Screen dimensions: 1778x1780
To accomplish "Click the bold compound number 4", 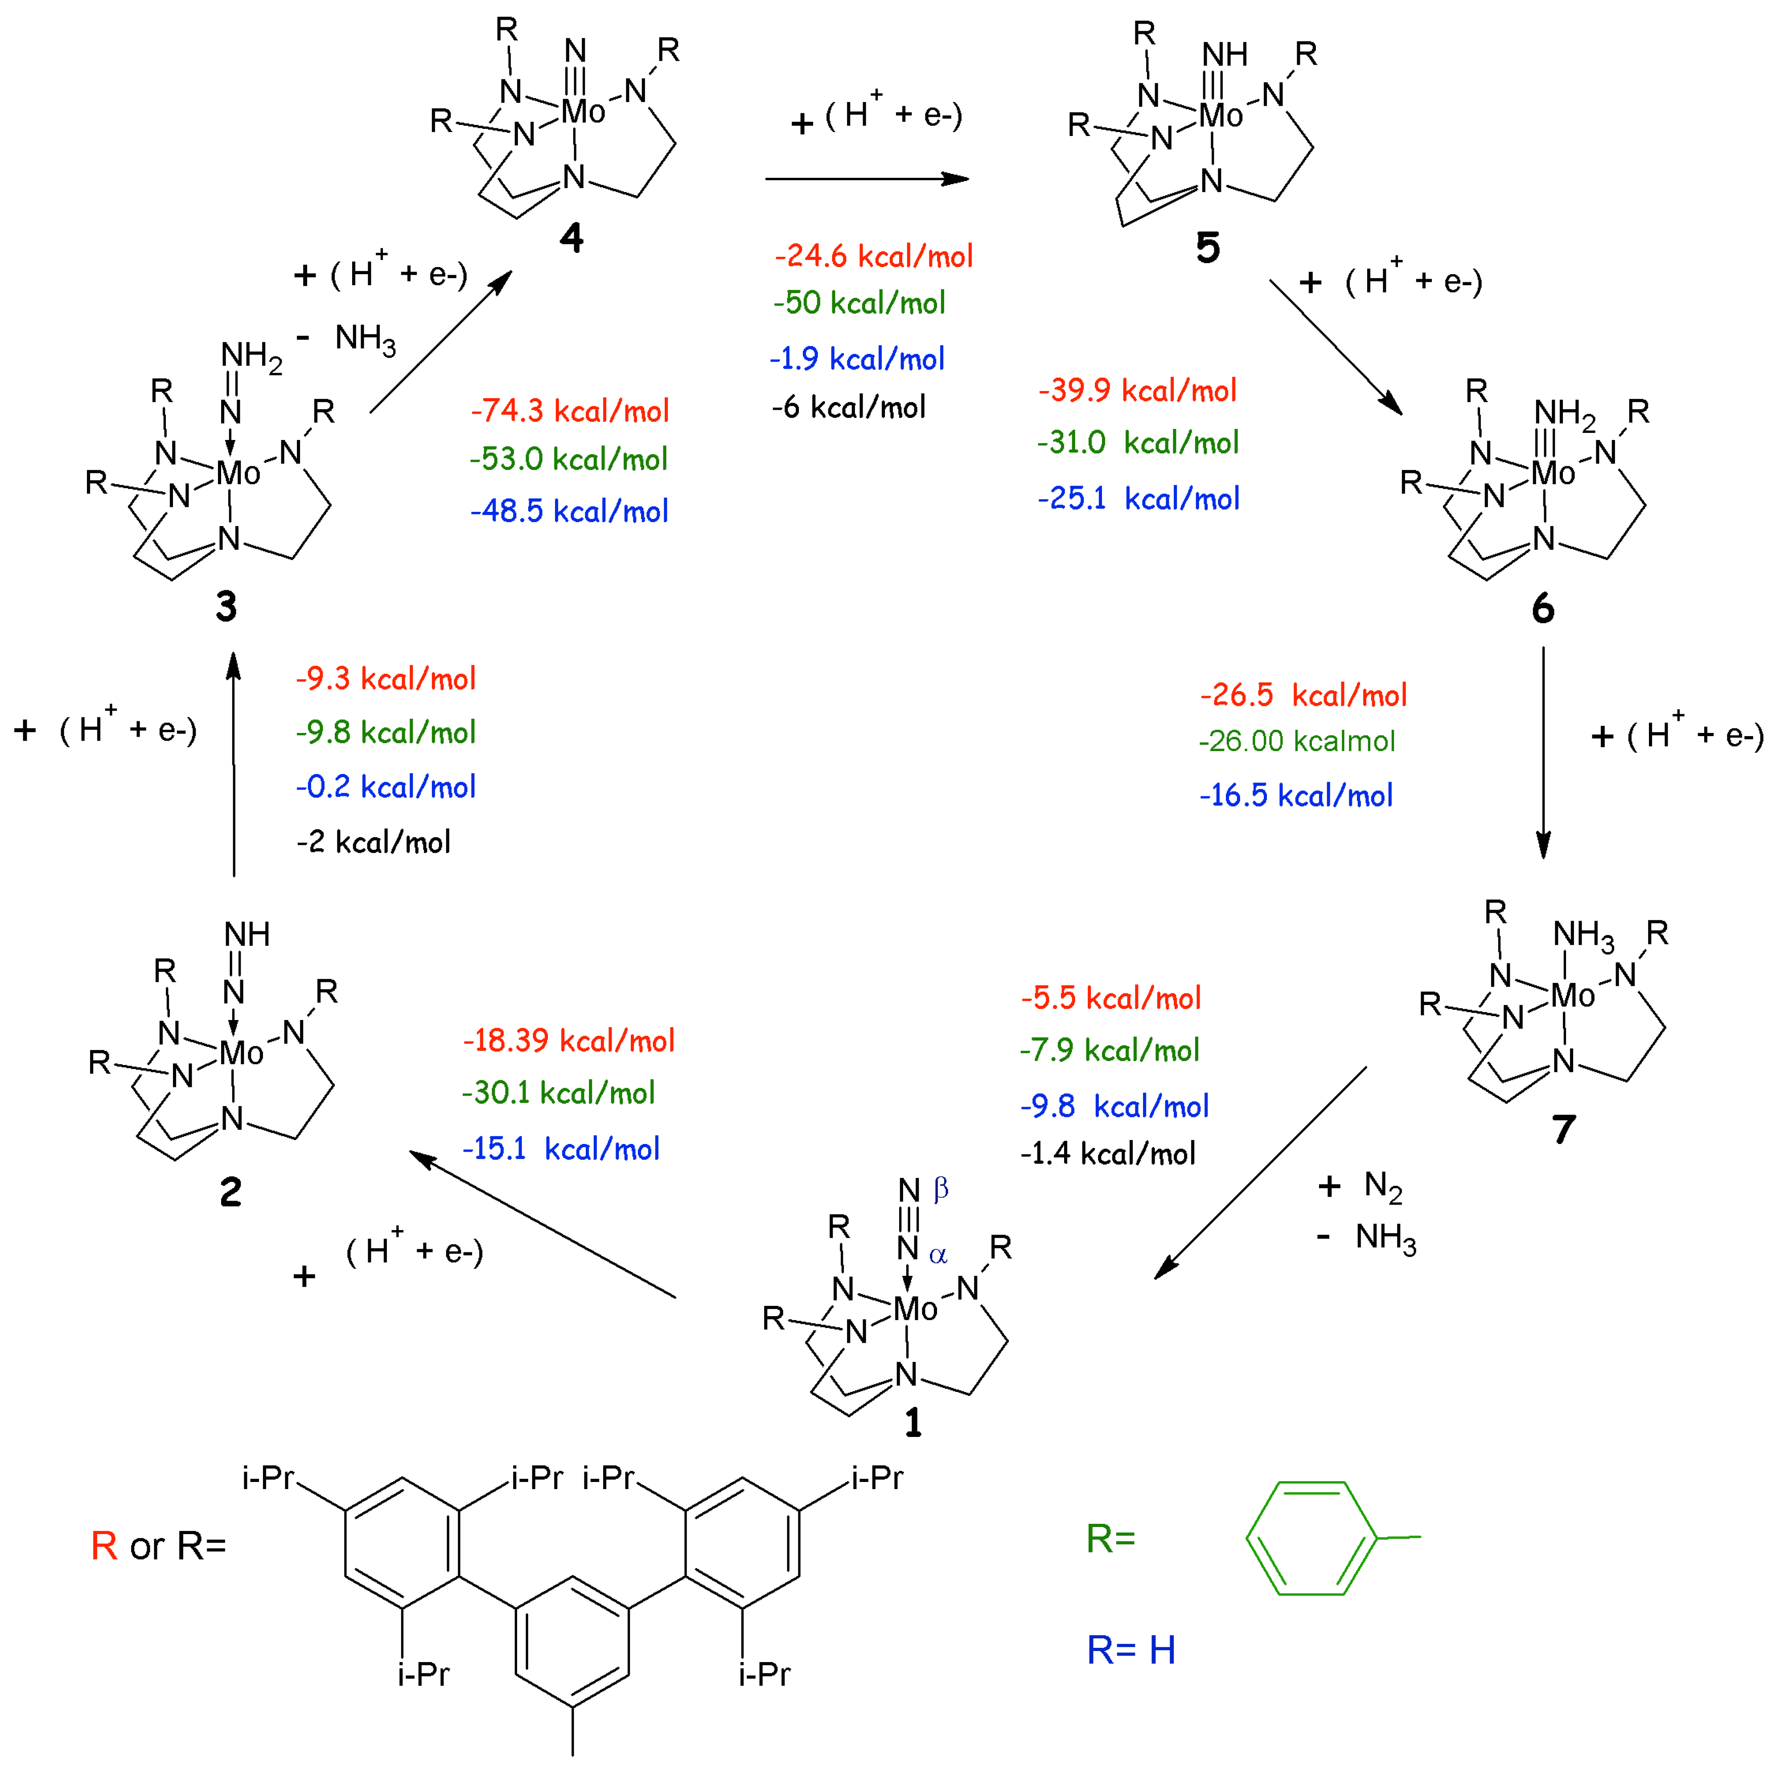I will point(571,239).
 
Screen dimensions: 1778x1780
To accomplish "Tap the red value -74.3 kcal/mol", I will point(569,411).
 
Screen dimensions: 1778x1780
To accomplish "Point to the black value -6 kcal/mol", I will point(848,407).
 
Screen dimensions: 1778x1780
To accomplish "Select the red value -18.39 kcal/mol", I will point(568,1041).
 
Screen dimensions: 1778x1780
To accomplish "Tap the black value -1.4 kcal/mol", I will point(1107,1153).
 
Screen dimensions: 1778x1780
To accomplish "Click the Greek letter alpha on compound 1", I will point(938,1255).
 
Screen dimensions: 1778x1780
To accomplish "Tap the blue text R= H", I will point(1130,1650).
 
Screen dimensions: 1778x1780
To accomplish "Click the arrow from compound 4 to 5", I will point(866,179).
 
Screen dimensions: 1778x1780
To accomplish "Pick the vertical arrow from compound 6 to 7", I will point(1543,751).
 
